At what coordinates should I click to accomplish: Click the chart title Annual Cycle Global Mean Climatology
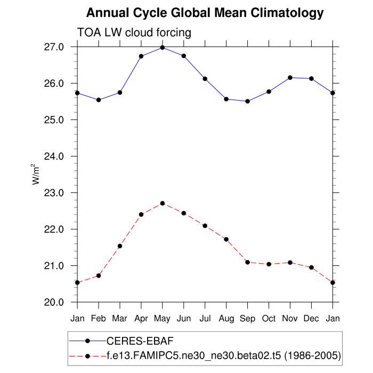205,13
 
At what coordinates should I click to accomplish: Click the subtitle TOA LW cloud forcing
134,33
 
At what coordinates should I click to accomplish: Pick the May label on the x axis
163,319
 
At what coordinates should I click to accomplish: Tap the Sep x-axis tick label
248,319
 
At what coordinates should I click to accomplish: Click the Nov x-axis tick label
290,319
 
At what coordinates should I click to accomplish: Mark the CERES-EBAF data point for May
163,47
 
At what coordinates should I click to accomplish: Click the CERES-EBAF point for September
248,101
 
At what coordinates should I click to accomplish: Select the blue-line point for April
141,56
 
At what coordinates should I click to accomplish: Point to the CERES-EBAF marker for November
290,78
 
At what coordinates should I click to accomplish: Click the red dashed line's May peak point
163,204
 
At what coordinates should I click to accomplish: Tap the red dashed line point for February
99,275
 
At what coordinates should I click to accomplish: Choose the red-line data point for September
248,262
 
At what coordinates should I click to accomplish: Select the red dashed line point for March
120,246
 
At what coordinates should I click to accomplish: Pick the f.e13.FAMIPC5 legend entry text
223,354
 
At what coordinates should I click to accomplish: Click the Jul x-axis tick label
205,319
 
